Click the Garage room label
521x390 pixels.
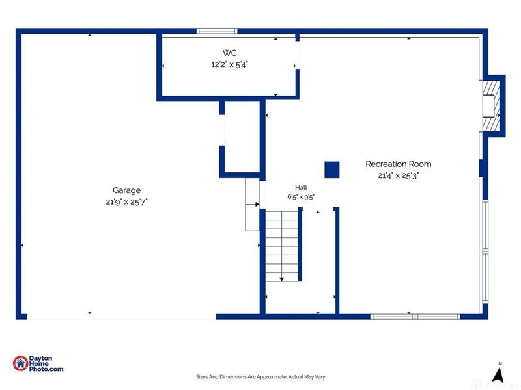click(x=126, y=190)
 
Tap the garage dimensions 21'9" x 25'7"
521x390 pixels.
click(x=126, y=201)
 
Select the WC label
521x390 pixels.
click(x=230, y=53)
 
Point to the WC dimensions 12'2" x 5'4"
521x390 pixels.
click(x=230, y=64)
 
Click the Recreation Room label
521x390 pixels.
click(x=399, y=164)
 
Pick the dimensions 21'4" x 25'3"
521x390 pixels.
click(x=399, y=175)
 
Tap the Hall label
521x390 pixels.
click(x=301, y=187)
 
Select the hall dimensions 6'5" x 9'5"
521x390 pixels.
click(x=301, y=197)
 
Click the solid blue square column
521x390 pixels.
click(x=332, y=170)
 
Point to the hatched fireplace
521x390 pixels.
click(x=491, y=106)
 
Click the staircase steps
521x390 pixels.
click(x=282, y=246)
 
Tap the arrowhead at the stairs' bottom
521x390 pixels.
click(x=282, y=279)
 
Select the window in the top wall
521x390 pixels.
click(x=217, y=31)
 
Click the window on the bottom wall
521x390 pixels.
click(x=415, y=317)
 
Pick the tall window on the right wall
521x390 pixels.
click(x=485, y=251)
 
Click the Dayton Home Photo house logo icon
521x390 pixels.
click(x=21, y=363)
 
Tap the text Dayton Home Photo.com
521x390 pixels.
click(x=46, y=364)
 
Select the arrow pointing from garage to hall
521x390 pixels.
click(x=253, y=204)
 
